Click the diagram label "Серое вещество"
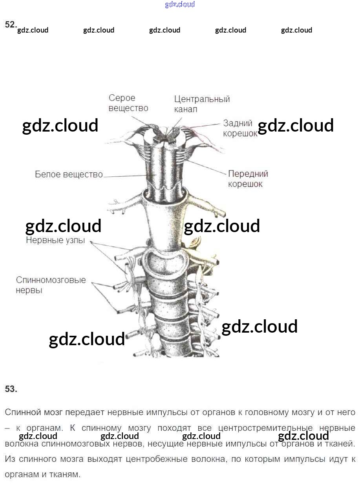pos(128,103)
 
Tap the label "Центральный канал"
pos(202,104)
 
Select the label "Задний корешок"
pos(240,128)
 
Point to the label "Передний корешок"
pos(248,179)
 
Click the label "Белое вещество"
pos(69,174)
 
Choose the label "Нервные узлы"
pos(55,240)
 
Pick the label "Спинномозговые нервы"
pos(51,285)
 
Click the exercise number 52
pos(11,24)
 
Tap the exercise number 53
pos(11,389)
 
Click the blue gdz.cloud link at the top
pos(180,5)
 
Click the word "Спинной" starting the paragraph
pos(23,412)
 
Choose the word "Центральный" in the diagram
pos(202,99)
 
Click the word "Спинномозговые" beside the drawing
pos(51,280)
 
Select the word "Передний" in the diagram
pos(248,174)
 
